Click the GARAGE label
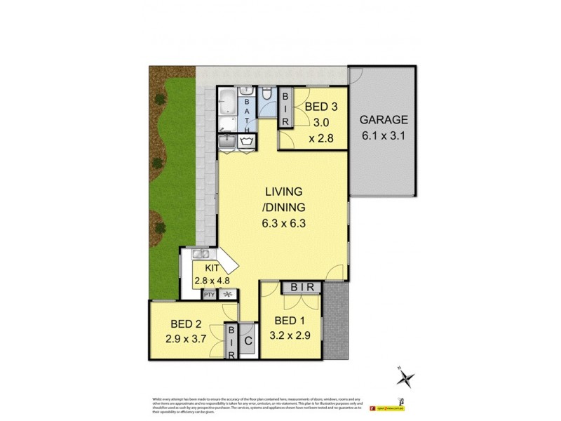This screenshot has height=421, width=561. (x=384, y=120)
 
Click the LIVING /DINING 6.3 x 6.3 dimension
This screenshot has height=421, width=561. (x=283, y=225)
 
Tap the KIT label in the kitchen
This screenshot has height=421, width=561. (x=214, y=269)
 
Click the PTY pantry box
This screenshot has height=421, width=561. (x=209, y=295)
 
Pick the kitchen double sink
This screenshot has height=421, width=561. (x=199, y=255)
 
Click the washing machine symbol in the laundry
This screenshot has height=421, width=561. (x=247, y=142)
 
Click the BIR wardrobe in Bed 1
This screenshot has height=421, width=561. (x=302, y=287)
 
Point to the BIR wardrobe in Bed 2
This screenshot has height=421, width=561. (x=231, y=342)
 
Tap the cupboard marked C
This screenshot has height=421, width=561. (x=247, y=343)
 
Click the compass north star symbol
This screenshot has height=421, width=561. (x=405, y=378)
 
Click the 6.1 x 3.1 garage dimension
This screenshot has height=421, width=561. (x=384, y=137)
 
